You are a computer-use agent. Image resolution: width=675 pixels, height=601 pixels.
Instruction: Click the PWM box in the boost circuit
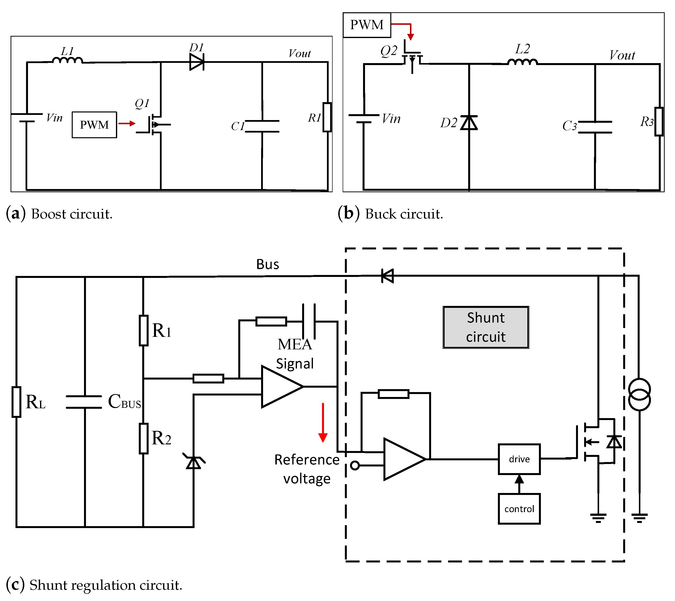tap(94, 125)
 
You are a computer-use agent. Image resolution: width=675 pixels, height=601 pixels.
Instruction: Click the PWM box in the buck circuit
tap(367, 25)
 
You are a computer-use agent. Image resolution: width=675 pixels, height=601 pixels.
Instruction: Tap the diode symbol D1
tap(197, 62)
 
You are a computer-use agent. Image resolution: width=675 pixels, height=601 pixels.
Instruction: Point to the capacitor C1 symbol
tap(262, 126)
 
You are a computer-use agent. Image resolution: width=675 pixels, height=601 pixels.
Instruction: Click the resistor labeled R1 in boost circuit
tap(327, 117)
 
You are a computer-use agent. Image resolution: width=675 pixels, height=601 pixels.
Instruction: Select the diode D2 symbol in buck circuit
tap(469, 123)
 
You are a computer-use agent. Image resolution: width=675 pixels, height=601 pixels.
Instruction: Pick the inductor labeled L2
tap(522, 62)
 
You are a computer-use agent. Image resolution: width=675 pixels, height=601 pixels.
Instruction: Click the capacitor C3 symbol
tap(595, 127)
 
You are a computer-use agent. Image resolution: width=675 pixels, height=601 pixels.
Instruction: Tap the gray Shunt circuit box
tap(486, 327)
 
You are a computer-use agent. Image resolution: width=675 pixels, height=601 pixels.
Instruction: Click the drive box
tap(519, 459)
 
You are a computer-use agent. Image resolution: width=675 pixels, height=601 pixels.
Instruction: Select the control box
tap(519, 509)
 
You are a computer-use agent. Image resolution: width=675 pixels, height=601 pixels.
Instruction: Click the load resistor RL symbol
tap(16, 402)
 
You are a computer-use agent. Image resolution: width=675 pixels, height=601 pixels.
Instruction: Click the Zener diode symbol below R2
tap(194, 462)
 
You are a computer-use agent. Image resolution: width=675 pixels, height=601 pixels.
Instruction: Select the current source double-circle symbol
tap(639, 395)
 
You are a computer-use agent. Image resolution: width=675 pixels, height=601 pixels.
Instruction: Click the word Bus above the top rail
tap(268, 264)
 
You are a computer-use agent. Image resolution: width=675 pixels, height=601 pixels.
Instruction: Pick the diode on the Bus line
tap(388, 276)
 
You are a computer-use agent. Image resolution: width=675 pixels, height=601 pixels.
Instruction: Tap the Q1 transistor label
tap(142, 103)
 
